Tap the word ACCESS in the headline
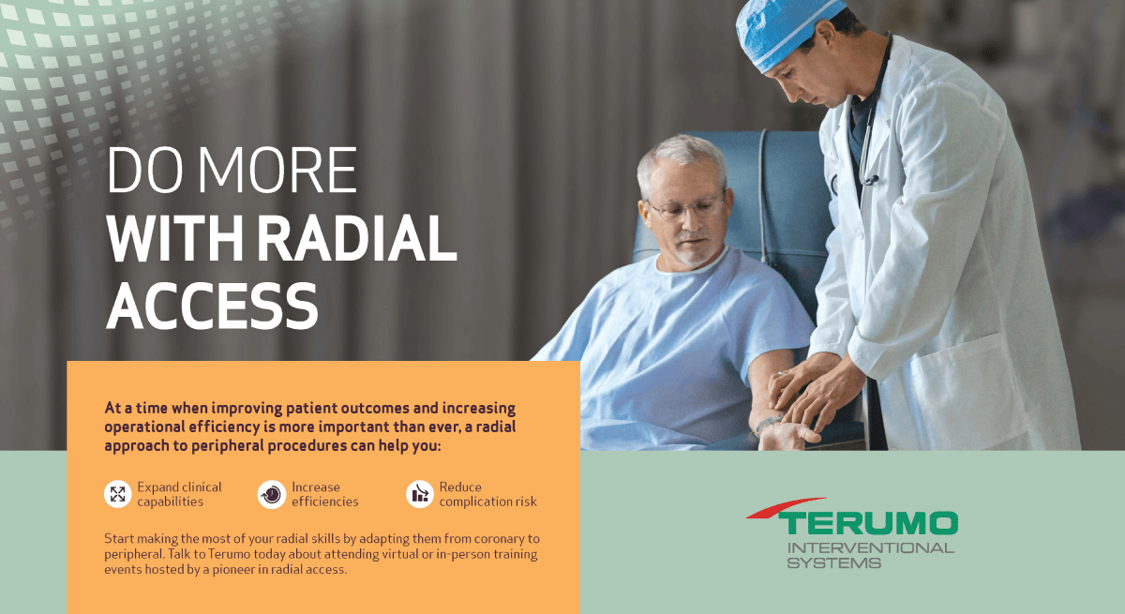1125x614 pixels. [x=212, y=306]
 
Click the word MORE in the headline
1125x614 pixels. [x=277, y=171]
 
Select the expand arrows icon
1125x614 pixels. [x=117, y=494]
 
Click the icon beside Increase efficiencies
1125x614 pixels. [x=272, y=495]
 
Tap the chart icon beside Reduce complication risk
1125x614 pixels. [x=419, y=494]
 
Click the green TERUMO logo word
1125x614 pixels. [x=868, y=524]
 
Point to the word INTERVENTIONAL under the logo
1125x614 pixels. [x=870, y=547]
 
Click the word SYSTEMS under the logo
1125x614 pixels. [x=833, y=562]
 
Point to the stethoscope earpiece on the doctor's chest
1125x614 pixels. [x=870, y=180]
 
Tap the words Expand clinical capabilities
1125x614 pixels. [x=179, y=495]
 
